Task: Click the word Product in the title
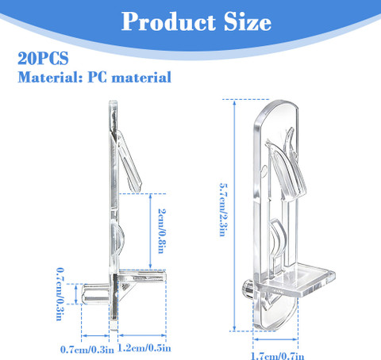[168, 21]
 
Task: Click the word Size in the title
[248, 21]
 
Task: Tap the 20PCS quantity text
[43, 59]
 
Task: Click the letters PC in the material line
[97, 77]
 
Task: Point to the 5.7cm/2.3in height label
[223, 209]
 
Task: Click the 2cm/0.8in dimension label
[163, 231]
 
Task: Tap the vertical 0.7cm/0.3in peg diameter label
[60, 294]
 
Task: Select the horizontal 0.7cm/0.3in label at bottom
[87, 350]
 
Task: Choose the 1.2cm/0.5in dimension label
[144, 348]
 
